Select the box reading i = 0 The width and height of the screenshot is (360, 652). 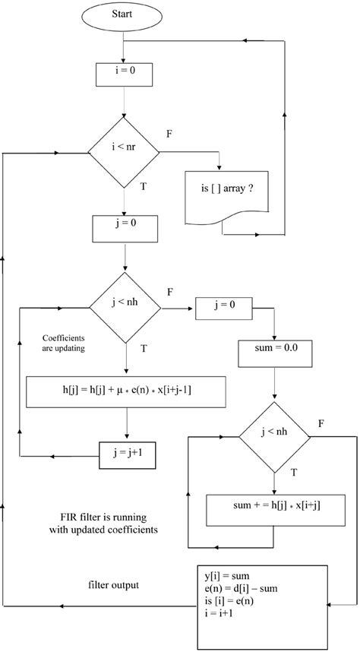pyautogui.click(x=125, y=75)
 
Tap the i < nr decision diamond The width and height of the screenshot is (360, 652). pyautogui.click(x=125, y=152)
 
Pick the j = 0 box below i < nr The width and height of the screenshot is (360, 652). pyautogui.click(x=125, y=226)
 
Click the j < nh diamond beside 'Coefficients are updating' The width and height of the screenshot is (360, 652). pyautogui.click(x=125, y=308)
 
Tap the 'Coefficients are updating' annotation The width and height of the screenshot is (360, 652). pyautogui.click(x=63, y=344)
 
